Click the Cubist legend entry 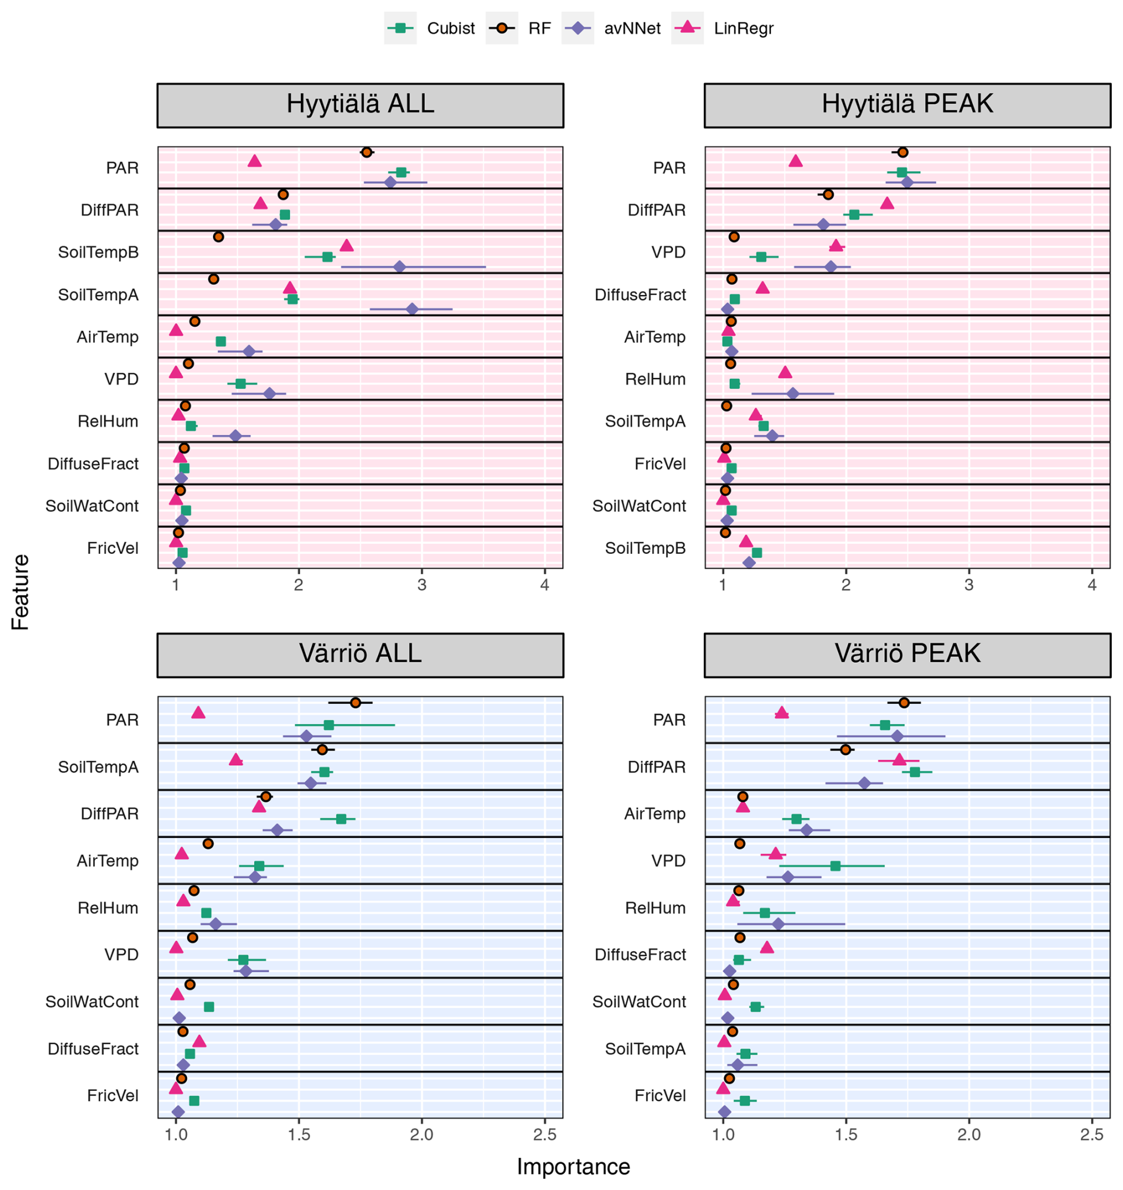[x=430, y=28]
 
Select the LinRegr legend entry [x=723, y=28]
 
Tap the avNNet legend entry [x=612, y=28]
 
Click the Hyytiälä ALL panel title [x=360, y=104]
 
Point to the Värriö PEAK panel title [x=907, y=653]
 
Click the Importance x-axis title [x=573, y=1167]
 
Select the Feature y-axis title [x=20, y=591]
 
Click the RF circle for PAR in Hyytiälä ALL [x=366, y=152]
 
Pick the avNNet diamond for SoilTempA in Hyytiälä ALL [x=412, y=309]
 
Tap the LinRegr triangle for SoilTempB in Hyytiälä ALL [x=347, y=246]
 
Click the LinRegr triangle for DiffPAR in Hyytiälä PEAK [x=887, y=204]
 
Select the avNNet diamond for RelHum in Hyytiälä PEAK [x=792, y=394]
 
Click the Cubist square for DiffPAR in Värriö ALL [x=341, y=819]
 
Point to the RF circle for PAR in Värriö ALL [x=356, y=702]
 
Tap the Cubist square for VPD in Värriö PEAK [x=835, y=865]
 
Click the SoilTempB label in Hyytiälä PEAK [x=645, y=548]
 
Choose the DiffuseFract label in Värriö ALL [x=93, y=1048]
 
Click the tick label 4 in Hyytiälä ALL [x=544, y=584]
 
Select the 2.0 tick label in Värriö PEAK [x=969, y=1134]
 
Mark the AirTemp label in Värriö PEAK [x=654, y=814]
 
